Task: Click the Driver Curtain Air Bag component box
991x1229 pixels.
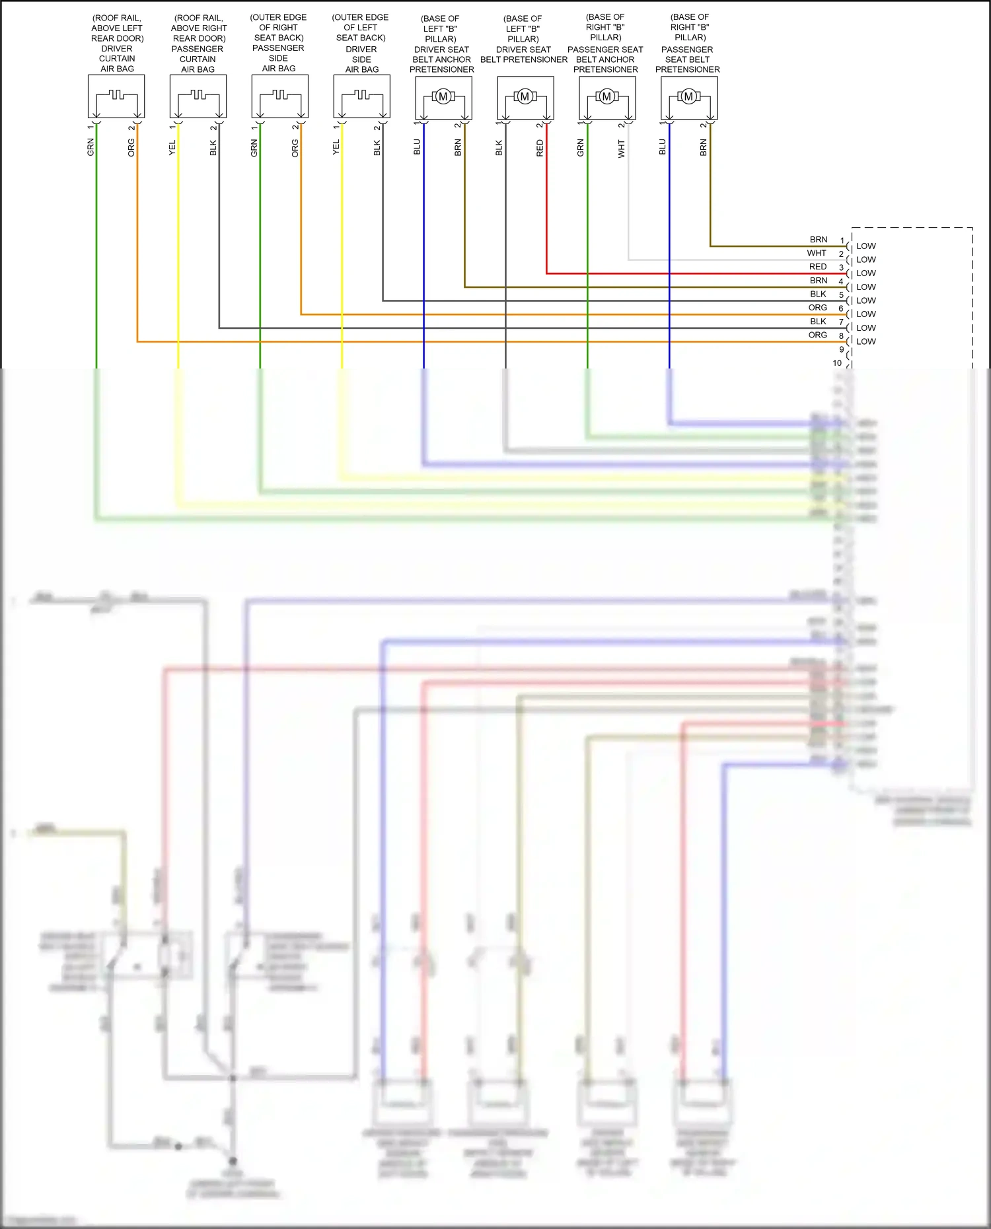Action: click(x=116, y=96)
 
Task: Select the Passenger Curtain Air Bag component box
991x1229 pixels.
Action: click(x=198, y=96)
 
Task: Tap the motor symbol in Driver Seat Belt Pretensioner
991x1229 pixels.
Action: click(x=525, y=97)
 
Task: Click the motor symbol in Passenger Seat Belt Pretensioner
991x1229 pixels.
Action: click(x=688, y=97)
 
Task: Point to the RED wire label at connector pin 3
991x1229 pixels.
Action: click(x=818, y=267)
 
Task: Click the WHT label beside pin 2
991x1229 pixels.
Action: click(x=817, y=253)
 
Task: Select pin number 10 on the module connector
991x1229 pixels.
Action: click(x=837, y=363)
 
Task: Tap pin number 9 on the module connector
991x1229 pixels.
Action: click(x=841, y=349)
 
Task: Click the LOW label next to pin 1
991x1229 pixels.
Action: click(x=866, y=246)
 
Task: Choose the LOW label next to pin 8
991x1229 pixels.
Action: click(x=866, y=341)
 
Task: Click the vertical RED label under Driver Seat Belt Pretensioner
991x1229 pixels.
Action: click(x=540, y=148)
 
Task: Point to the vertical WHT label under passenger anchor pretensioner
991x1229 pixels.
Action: click(x=622, y=149)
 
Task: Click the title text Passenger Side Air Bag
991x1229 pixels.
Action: click(x=278, y=43)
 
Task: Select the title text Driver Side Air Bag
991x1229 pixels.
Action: click(x=361, y=43)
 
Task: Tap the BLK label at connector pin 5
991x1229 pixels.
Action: click(x=818, y=294)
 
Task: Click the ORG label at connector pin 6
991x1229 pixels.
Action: click(x=818, y=308)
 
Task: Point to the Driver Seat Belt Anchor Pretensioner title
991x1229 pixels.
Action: click(x=441, y=44)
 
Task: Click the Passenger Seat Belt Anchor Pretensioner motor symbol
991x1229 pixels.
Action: click(x=606, y=97)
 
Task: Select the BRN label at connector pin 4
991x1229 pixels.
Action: click(x=819, y=281)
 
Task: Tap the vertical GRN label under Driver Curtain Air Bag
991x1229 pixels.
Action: click(x=91, y=147)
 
